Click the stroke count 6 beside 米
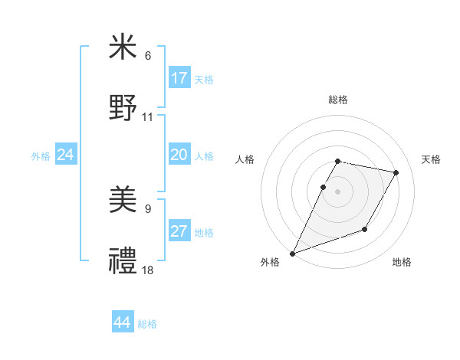[x=148, y=56]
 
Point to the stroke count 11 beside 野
[x=148, y=116]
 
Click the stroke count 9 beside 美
[x=148, y=209]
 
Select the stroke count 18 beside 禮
[x=148, y=270]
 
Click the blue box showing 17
[x=179, y=78]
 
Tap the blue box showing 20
[x=179, y=155]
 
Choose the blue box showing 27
[x=179, y=231]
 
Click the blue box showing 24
[x=65, y=155]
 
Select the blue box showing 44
[x=122, y=322]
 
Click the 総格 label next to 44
[x=147, y=324]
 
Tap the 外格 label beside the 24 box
[x=41, y=156]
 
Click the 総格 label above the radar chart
[x=337, y=100]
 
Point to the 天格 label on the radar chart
[x=431, y=159]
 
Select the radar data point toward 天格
[x=396, y=173]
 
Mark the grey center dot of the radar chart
[x=337, y=191]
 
